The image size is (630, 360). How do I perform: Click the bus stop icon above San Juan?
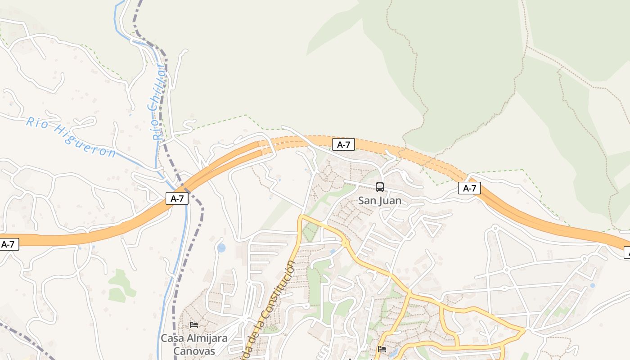380,187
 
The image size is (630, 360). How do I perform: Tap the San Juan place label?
380,201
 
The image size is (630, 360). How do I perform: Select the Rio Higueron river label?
71,137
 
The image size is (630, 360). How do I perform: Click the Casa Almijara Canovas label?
194,344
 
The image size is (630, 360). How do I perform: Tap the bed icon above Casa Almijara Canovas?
194,324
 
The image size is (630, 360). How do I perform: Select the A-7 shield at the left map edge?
9,244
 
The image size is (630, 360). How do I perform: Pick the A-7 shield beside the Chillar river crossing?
177,198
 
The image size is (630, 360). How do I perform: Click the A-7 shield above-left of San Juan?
343,144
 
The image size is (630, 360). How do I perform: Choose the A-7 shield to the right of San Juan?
469,188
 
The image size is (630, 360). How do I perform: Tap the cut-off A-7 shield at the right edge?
627,252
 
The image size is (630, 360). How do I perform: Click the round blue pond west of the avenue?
221,248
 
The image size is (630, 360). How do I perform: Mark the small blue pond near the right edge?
592,285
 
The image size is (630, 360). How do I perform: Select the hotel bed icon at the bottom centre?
382,349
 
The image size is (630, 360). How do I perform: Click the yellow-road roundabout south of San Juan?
345,243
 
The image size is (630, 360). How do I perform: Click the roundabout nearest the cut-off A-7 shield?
584,259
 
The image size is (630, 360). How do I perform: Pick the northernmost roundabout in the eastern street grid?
495,229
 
